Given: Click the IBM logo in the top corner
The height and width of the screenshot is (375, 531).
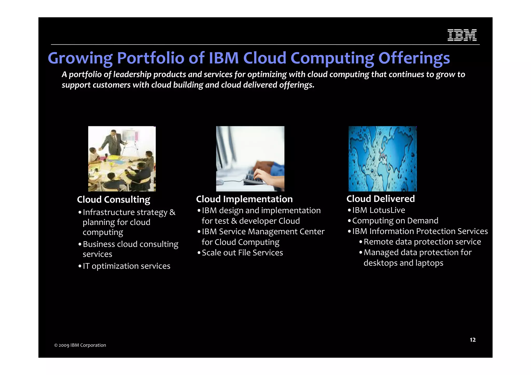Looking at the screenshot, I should click(462, 35).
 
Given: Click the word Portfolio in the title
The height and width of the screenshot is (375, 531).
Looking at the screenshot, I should click(150, 58).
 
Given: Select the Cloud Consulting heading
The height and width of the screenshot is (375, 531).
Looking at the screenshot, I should click(113, 200).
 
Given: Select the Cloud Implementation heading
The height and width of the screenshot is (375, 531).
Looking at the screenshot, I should click(244, 199).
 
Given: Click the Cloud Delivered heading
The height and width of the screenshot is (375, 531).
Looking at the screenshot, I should click(380, 199).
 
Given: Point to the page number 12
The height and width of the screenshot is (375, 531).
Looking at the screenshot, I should click(472, 340).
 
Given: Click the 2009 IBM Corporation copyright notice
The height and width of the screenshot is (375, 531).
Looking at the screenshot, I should click(80, 345).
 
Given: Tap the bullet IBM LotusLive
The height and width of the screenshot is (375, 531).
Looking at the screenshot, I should click(378, 210).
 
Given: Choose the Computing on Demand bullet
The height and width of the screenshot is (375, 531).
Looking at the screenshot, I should click(395, 221).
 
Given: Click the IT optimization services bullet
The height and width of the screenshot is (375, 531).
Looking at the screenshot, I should click(126, 266).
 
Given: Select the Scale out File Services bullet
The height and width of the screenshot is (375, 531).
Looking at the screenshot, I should click(242, 253).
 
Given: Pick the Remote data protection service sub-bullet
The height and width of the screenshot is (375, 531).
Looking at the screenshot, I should click(422, 242).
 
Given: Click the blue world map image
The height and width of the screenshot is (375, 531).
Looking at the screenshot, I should click(382, 159).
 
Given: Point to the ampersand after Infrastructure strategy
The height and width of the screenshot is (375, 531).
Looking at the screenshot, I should click(172, 212).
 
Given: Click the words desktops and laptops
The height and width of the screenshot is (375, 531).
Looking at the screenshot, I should click(403, 263).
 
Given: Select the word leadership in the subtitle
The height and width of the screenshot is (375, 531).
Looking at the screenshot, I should click(132, 75).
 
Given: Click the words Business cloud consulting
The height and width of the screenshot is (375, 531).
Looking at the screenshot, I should click(130, 244).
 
